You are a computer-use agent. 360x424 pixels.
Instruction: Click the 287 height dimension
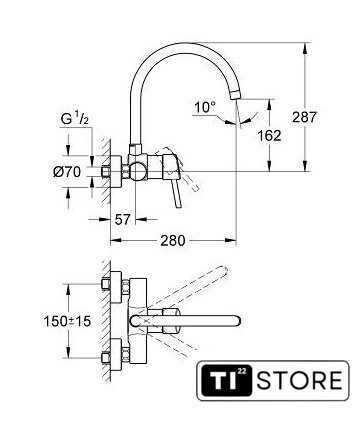304,117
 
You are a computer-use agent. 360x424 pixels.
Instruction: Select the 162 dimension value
269,135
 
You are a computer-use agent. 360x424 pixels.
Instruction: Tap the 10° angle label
205,107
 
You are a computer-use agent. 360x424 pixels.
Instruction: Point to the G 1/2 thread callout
75,119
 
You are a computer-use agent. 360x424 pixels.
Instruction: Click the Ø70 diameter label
67,172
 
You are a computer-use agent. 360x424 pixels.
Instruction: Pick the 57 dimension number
122,219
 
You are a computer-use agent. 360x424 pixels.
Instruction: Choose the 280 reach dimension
173,240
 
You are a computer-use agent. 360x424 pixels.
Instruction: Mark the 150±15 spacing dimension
67,321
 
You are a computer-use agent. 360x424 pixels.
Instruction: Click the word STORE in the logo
299,381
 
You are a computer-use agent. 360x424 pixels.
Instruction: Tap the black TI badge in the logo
224,380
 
